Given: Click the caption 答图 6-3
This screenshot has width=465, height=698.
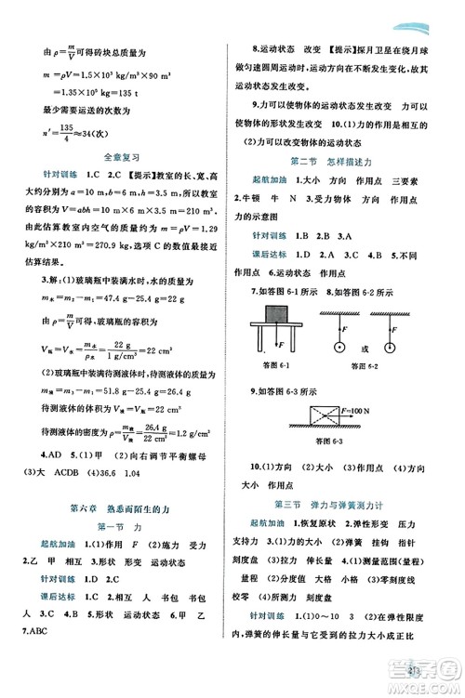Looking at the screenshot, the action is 326,441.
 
